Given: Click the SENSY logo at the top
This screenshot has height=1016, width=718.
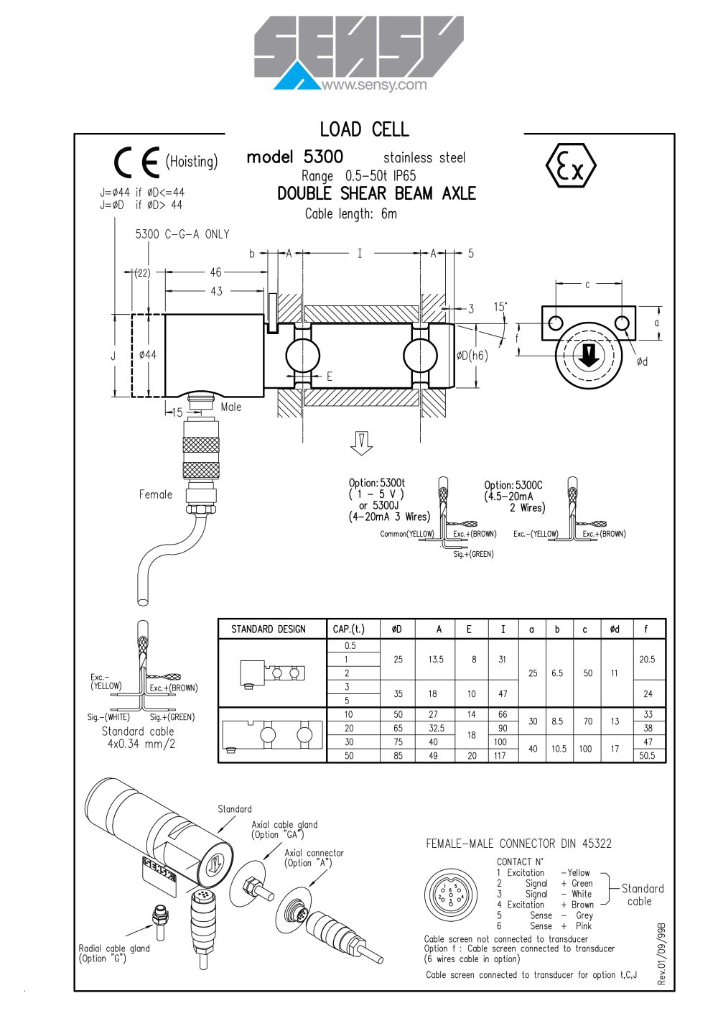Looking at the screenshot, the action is click(358, 53).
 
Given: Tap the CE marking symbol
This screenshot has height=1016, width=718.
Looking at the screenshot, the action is click(136, 162).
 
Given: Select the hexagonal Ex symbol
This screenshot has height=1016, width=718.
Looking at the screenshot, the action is click(571, 165).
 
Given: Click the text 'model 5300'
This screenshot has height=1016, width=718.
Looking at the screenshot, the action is click(294, 157).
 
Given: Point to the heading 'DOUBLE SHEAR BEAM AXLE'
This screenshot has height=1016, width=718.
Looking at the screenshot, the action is click(376, 193).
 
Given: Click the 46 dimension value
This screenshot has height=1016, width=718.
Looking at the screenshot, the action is click(216, 272).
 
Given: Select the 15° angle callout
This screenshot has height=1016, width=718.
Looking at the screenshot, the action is click(500, 307).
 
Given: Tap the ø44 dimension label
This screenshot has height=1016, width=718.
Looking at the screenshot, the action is click(148, 354).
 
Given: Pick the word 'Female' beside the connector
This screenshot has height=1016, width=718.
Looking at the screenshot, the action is click(156, 494).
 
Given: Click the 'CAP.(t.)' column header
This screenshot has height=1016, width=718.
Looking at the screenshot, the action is click(348, 629).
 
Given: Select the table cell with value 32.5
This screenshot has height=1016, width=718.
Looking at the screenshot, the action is click(436, 728).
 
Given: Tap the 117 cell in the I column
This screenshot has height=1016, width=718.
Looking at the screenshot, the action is click(500, 756).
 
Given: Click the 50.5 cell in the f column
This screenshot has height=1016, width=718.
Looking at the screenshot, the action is click(647, 756).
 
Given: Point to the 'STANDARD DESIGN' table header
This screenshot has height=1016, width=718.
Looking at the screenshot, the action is click(269, 629).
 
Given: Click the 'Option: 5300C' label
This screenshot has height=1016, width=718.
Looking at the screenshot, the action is click(513, 485).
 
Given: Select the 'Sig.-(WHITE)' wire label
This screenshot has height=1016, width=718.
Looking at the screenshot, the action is click(108, 717).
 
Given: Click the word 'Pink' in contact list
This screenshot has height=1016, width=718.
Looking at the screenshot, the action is click(584, 925).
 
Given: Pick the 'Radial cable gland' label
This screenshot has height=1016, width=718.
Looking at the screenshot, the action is click(114, 948).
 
